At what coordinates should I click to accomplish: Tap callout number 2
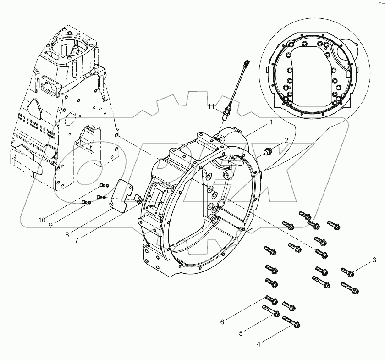point(286,140)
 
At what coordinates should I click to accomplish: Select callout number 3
point(375,260)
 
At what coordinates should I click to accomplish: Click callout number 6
point(222,322)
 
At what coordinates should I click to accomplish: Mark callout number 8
point(67,235)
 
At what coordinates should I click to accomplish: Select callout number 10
point(42,220)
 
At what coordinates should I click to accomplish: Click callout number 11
point(211,107)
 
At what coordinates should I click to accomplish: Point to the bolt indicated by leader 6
point(271,300)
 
